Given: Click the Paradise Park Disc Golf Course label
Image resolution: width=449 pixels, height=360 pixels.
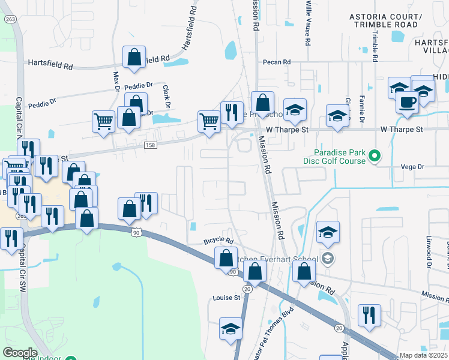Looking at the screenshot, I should point(340,156).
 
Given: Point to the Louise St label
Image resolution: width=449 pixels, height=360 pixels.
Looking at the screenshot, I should point(226,297).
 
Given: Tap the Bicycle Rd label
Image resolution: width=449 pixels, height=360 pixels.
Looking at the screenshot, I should point(218,240).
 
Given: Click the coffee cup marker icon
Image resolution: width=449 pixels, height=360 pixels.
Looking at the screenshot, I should point(408,101).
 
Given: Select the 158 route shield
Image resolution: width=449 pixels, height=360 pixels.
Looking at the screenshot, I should point(150,145).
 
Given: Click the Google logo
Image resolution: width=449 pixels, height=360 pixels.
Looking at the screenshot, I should point(20,353).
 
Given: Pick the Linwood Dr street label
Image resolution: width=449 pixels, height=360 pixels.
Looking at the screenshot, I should point(429,251).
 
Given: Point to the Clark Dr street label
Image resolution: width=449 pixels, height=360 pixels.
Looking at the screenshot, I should point(166,96).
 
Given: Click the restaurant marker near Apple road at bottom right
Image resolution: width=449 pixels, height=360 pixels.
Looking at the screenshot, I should point(369,315).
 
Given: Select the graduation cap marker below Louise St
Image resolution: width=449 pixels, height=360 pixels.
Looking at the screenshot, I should point(231,328).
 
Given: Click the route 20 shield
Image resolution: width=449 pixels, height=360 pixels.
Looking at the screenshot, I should point(339,327).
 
